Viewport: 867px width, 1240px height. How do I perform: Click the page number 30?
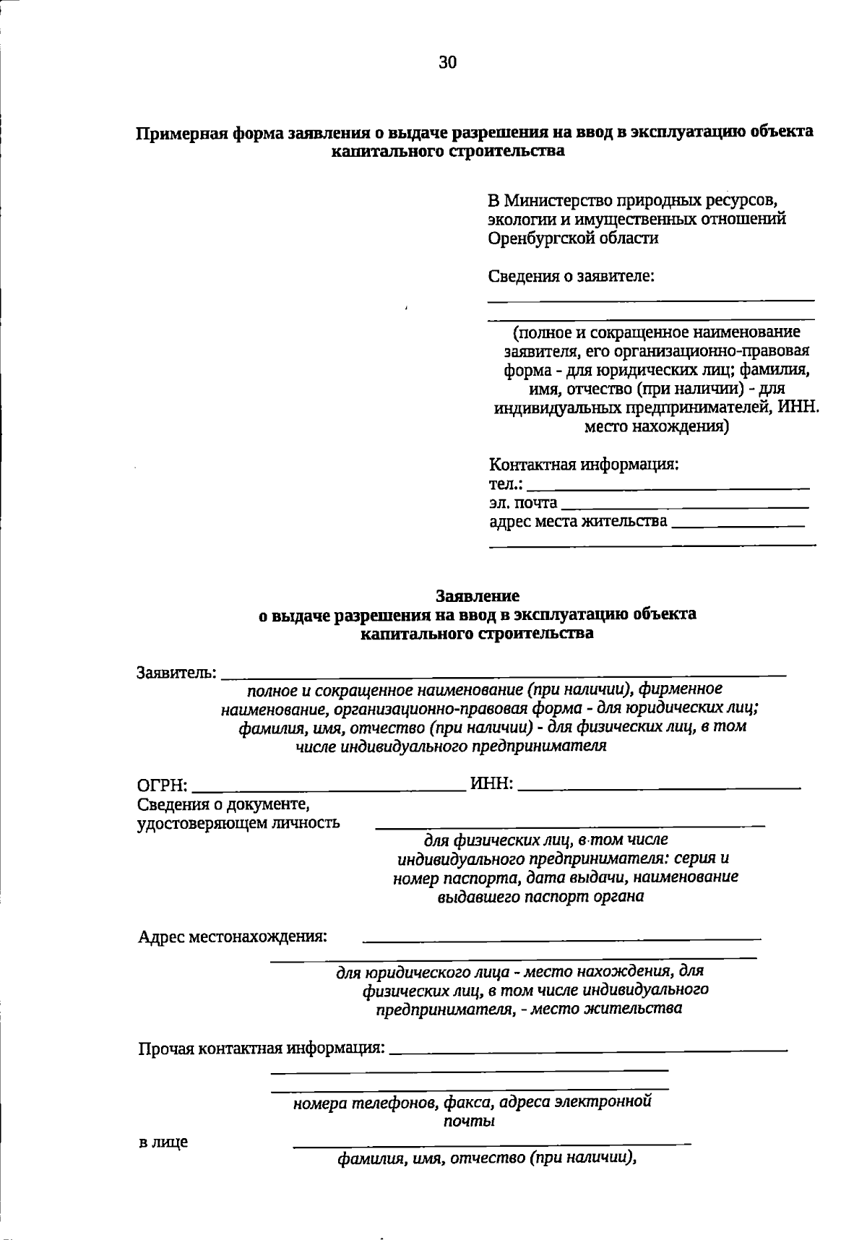coord(447,63)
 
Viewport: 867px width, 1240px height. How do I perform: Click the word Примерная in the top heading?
coord(181,133)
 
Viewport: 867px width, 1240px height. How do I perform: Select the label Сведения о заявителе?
coord(571,276)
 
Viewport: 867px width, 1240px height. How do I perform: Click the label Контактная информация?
coord(584,464)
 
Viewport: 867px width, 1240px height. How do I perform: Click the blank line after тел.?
coord(668,489)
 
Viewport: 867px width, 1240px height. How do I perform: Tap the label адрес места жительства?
coord(578,520)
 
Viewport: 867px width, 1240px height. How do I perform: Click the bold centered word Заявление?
coord(477,596)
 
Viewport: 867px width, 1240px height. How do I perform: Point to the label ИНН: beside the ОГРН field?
coord(491,784)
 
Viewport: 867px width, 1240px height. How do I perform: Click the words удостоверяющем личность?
coord(238,823)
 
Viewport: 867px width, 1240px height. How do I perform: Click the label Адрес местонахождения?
coord(233,937)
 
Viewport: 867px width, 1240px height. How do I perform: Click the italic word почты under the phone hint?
coord(468,1121)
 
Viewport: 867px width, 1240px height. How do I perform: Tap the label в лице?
coord(163,1142)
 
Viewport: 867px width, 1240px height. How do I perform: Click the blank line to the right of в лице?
coord(491,1145)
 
